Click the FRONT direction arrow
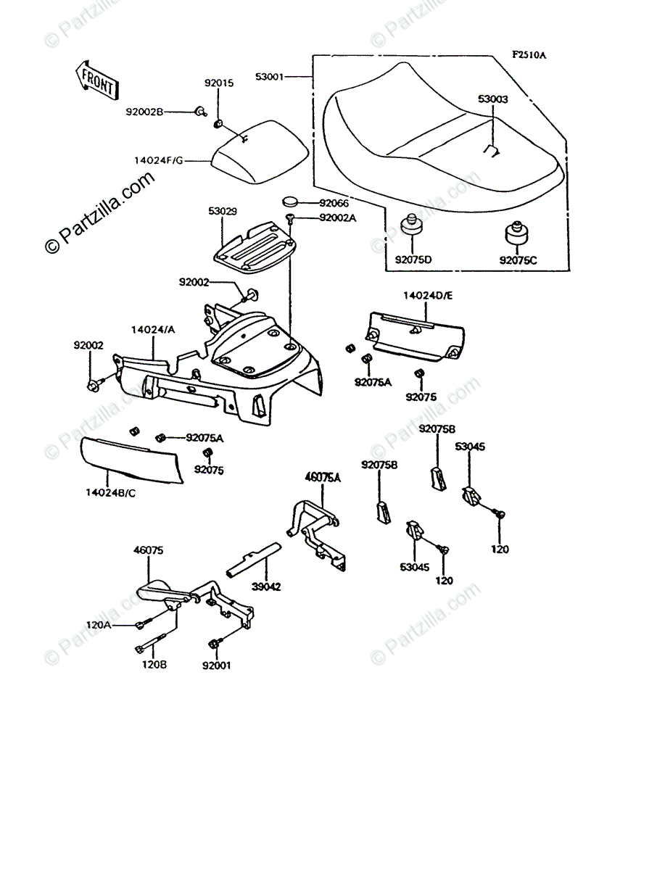[95, 79]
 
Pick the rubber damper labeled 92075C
[516, 235]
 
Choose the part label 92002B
[145, 112]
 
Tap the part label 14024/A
[153, 330]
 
